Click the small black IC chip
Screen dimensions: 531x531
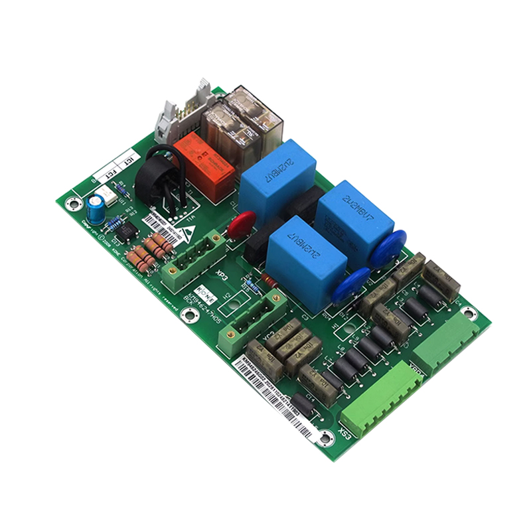tap(128, 230)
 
